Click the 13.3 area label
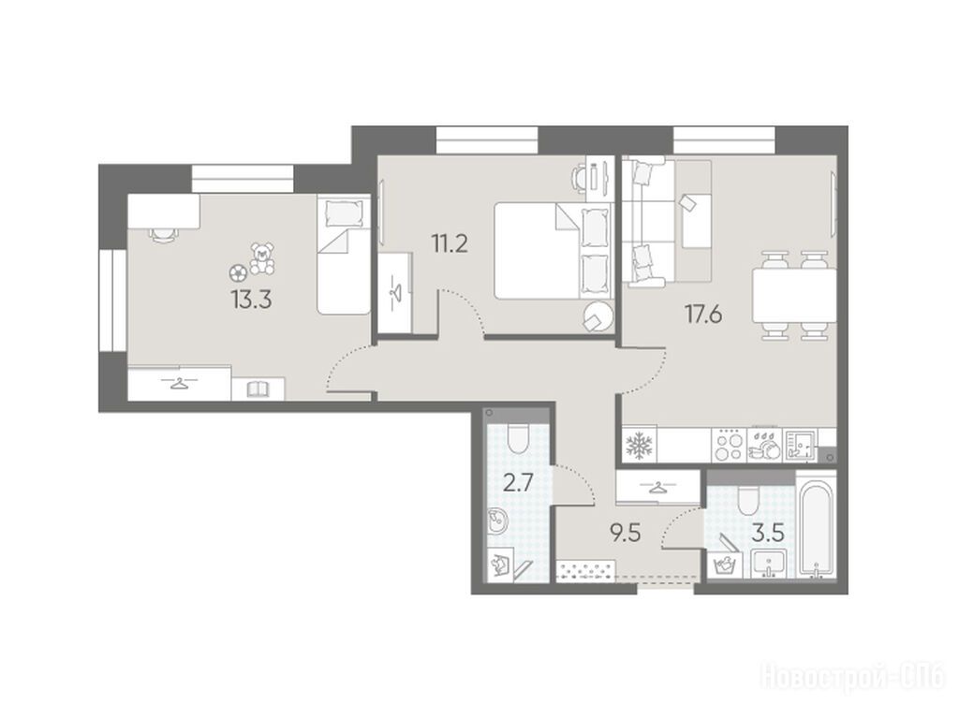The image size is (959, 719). click(251, 301)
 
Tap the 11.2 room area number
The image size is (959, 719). click(450, 244)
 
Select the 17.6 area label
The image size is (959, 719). click(702, 315)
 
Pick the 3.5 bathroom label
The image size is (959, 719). click(768, 533)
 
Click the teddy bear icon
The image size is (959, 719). click(262, 258)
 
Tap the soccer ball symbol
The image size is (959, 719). click(237, 272)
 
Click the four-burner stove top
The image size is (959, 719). click(730, 445)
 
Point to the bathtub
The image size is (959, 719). click(817, 529)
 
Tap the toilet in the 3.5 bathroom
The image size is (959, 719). click(747, 501)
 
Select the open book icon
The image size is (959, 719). click(258, 389)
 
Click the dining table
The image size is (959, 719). click(794, 296)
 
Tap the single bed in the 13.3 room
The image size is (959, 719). click(344, 255)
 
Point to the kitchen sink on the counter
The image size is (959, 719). click(801, 445)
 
